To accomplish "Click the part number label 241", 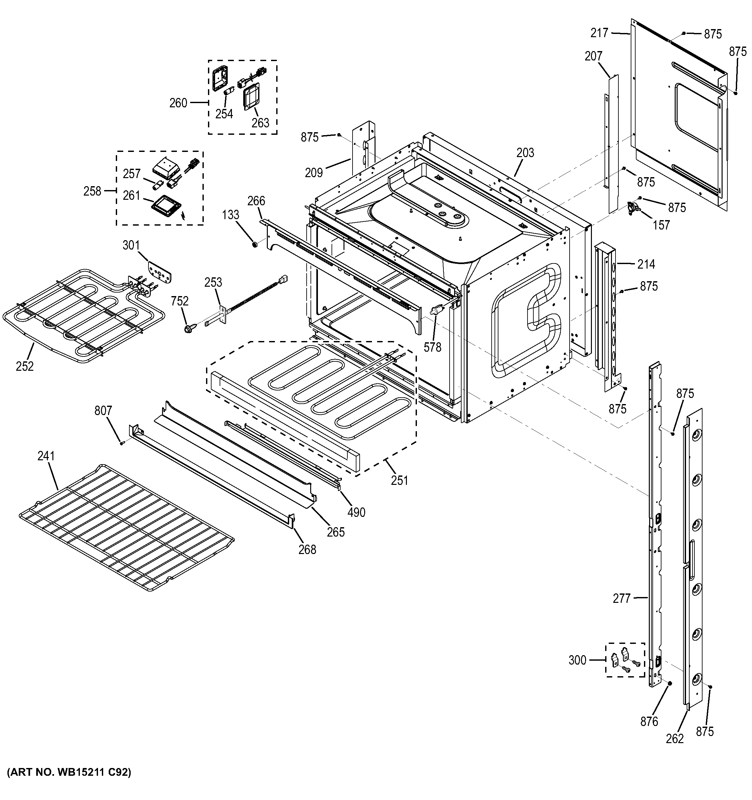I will (x=46, y=456).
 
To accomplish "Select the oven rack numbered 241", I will (x=127, y=527).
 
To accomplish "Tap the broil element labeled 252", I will (x=81, y=310).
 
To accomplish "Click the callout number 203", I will (x=525, y=153).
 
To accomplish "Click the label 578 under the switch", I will (x=432, y=347).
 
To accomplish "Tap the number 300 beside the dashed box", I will (x=577, y=660).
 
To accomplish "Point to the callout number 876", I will (x=649, y=721).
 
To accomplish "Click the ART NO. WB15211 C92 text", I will (x=69, y=772).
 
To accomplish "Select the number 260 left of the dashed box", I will (x=178, y=103).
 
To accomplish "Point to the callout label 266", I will (x=256, y=201).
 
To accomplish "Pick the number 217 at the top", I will (x=599, y=33).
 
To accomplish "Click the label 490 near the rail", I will (x=356, y=512).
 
